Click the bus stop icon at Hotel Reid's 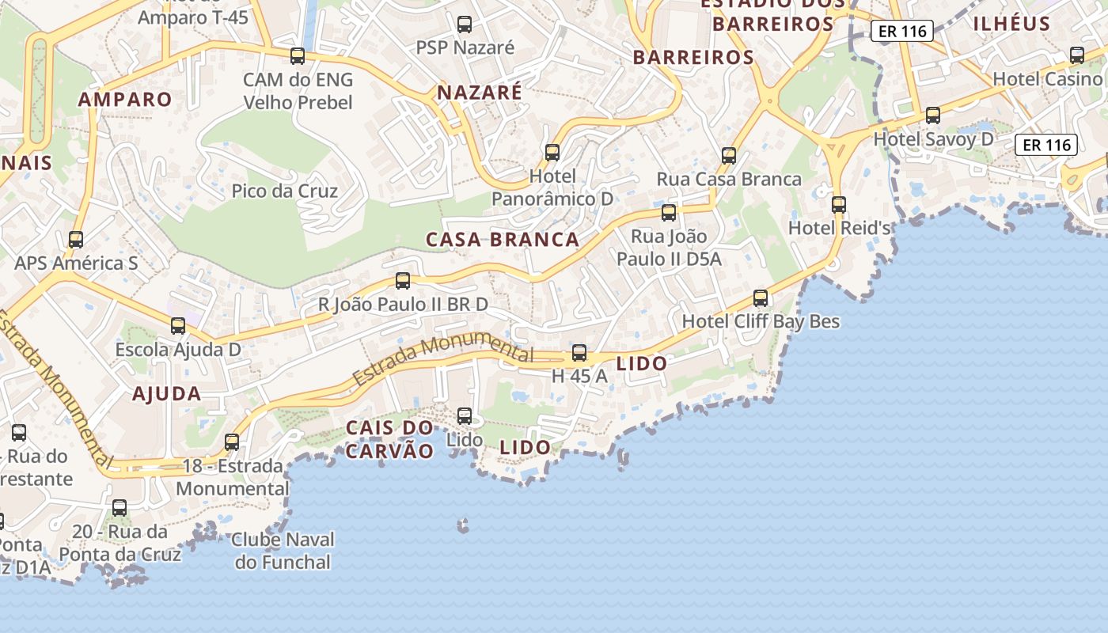click(839, 205)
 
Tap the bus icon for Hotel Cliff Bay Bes click(761, 298)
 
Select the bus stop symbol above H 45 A click(579, 353)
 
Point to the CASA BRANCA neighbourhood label click(503, 239)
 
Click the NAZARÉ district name click(480, 93)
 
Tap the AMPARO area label click(125, 99)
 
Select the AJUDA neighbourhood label click(166, 393)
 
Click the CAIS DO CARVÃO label click(390, 439)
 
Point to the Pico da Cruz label click(285, 191)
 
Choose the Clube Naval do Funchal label click(283, 552)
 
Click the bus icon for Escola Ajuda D click(178, 325)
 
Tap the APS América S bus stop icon click(76, 239)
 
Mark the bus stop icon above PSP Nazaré click(465, 25)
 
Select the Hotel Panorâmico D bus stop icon click(552, 152)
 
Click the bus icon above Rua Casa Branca click(729, 156)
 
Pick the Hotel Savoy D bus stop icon click(933, 116)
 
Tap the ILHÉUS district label click(1011, 23)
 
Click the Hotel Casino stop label click(1047, 79)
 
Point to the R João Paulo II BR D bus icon click(403, 281)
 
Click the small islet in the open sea click(463, 525)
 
